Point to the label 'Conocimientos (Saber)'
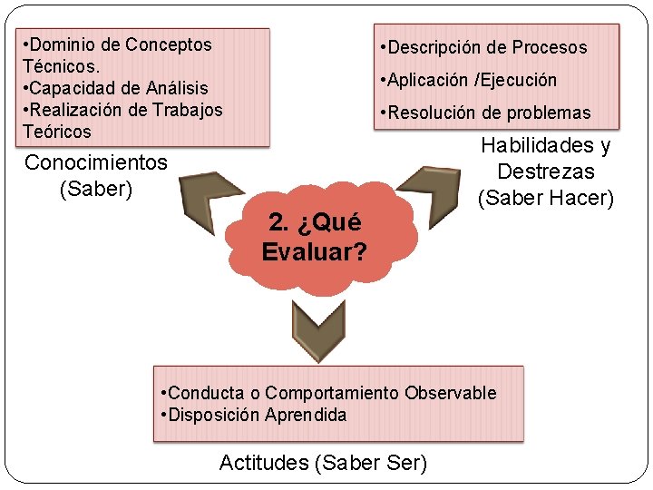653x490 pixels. tap(96, 175)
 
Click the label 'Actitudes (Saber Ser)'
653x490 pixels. tap(323, 463)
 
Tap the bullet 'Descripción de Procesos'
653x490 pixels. tap(486, 47)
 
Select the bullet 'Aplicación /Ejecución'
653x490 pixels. tap(472, 80)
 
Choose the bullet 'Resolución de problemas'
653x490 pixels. tap(488, 113)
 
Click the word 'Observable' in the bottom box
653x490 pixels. tap(451, 393)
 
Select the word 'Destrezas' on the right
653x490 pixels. tap(546, 171)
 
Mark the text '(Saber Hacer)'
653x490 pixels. tap(546, 197)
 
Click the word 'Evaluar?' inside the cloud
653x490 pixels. tap(315, 251)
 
